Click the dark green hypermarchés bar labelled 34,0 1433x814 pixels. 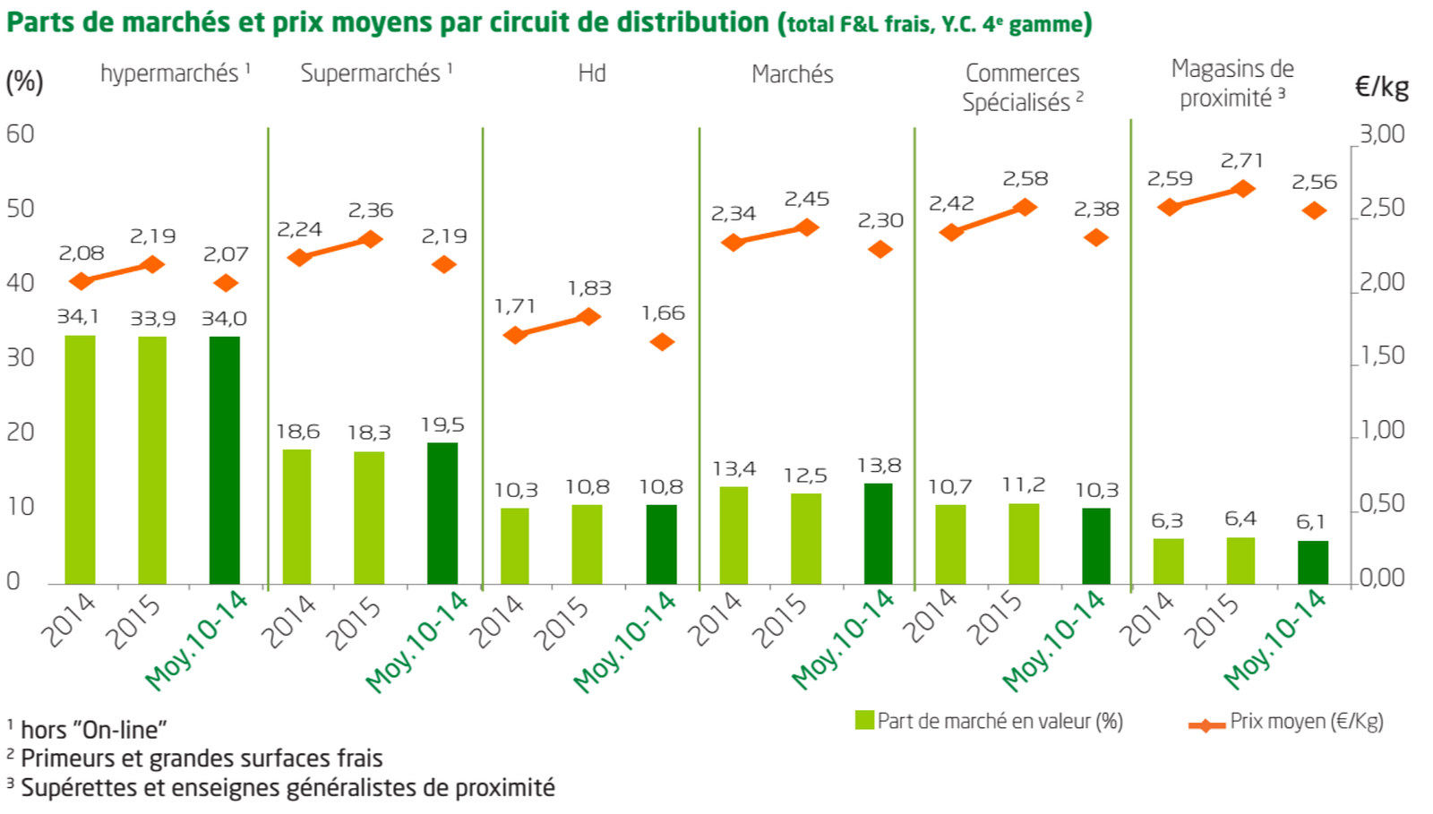225,460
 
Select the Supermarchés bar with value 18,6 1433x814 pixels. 296,517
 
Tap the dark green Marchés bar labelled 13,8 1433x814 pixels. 878,534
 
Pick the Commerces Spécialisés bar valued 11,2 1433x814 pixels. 1024,544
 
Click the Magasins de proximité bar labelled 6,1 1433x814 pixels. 1313,562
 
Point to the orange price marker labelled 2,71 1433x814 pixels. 1242,189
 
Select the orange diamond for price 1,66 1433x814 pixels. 662,342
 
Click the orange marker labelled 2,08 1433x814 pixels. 82,281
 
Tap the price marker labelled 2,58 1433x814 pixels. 1025,208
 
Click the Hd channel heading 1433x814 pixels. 592,73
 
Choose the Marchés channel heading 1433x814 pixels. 792,74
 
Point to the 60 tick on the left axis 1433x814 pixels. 20,134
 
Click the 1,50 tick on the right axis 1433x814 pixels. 1382,356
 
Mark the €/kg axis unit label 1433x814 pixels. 1381,87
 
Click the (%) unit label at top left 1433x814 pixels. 24,81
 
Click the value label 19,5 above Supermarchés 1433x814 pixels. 442,424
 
